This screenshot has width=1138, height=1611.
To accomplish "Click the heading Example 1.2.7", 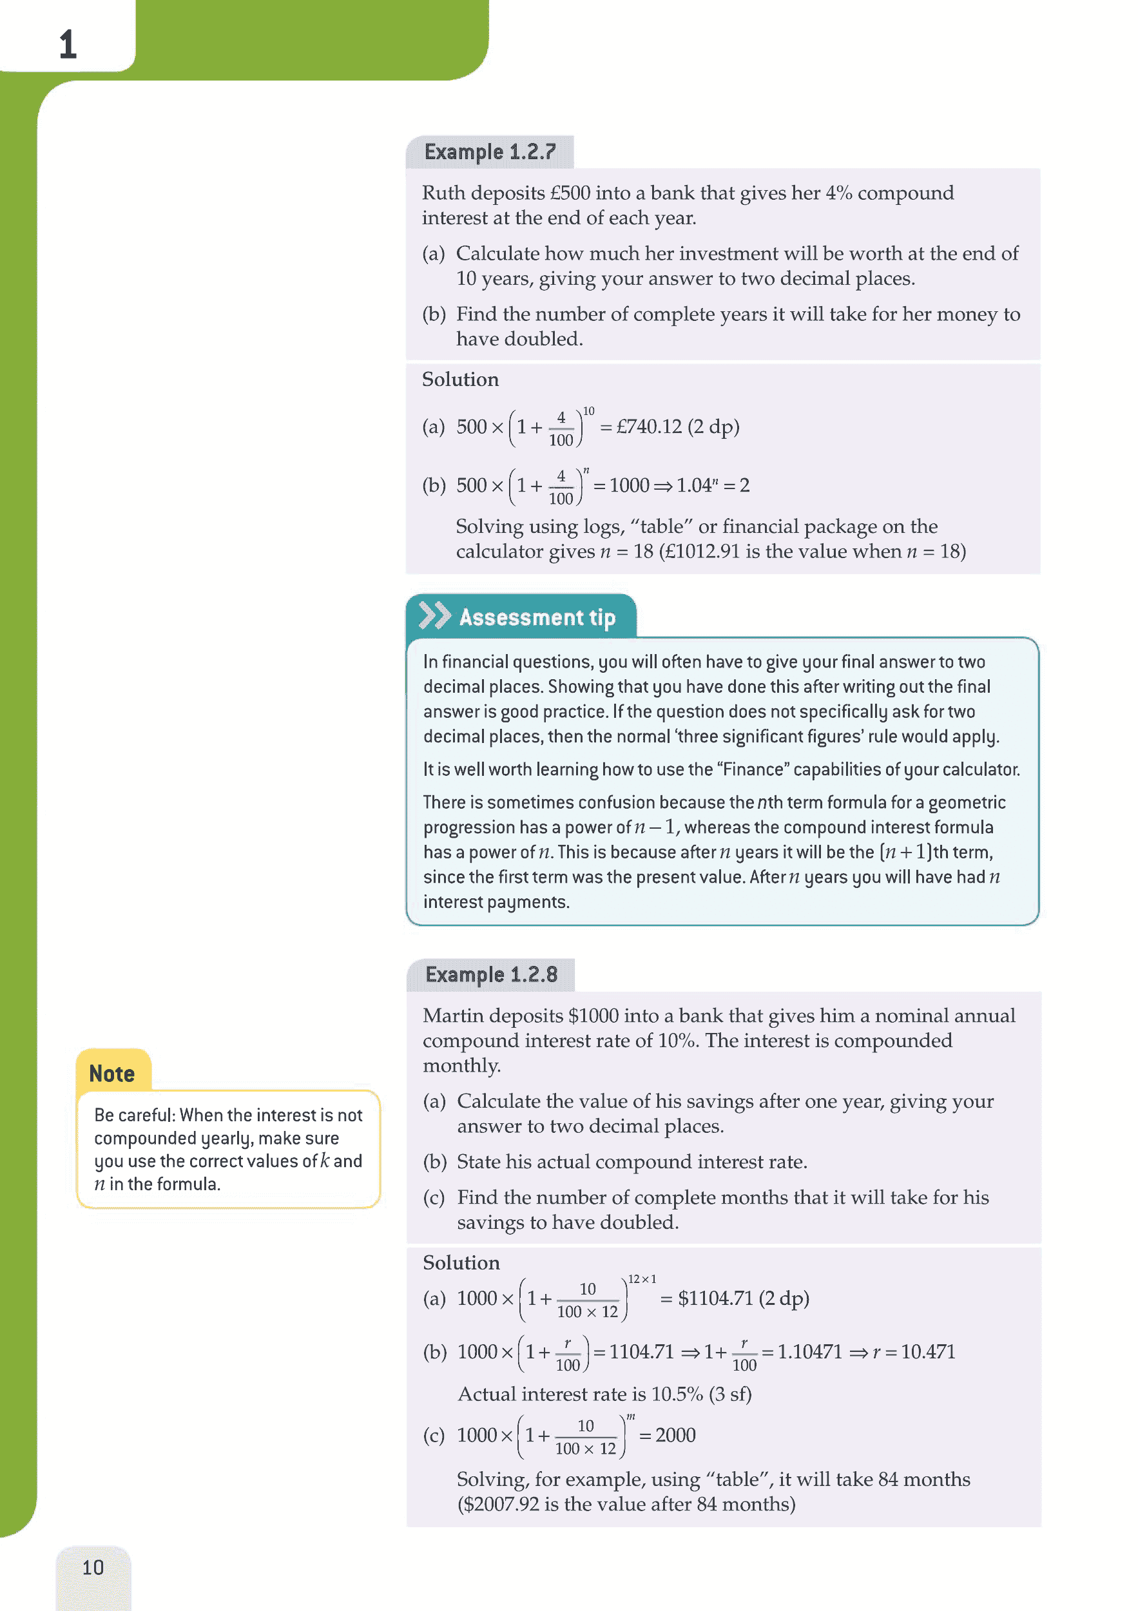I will pyautogui.click(x=490, y=151).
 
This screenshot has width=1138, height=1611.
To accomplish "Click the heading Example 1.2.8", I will pyautogui.click(x=491, y=974).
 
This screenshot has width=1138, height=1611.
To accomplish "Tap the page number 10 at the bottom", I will pyautogui.click(x=93, y=1567).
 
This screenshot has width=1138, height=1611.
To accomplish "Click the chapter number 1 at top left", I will pyautogui.click(x=68, y=44).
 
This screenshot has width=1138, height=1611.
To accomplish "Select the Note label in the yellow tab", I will pyautogui.click(x=111, y=1074).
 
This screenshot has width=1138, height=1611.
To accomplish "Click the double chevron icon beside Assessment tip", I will pyautogui.click(x=434, y=615).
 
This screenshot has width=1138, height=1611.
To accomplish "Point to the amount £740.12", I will pyautogui.click(x=648, y=427).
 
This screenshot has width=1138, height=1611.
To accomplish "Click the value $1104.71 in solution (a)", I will pyautogui.click(x=715, y=1298).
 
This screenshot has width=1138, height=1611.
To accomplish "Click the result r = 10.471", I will pyautogui.click(x=914, y=1351).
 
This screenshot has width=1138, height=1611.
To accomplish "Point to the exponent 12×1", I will pyautogui.click(x=641, y=1279).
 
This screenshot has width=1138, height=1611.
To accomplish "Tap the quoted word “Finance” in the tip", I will pyautogui.click(x=753, y=769).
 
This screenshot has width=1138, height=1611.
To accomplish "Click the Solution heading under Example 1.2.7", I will pyautogui.click(x=460, y=380).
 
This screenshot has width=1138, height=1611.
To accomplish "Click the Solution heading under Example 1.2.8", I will pyautogui.click(x=461, y=1263).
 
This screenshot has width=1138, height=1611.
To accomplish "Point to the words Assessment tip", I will pyautogui.click(x=537, y=617).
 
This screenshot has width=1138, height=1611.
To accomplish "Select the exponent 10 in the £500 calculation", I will pyautogui.click(x=588, y=411).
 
